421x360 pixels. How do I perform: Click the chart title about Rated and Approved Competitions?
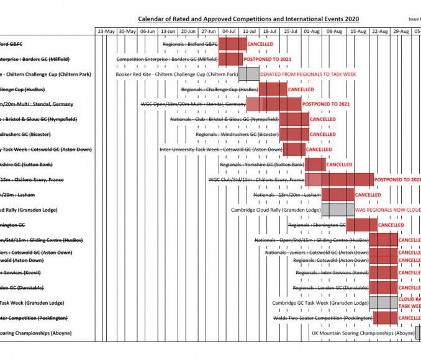click(248, 20)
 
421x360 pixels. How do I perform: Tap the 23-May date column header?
click(106, 31)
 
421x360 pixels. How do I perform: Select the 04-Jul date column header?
click(229, 31)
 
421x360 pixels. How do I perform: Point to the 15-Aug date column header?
click(358, 31)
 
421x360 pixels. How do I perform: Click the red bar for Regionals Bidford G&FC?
click(232, 44)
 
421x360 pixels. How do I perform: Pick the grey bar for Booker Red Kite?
click(248, 74)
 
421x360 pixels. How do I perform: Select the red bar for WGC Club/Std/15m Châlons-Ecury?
click(347, 179)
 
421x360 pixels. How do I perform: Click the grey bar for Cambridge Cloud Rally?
click(337, 210)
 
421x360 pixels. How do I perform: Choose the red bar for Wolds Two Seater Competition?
click(385, 318)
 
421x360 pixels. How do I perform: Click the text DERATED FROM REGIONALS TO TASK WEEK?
click(308, 74)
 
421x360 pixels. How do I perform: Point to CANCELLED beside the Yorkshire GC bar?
click(339, 165)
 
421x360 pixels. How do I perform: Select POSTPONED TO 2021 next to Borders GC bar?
click(268, 60)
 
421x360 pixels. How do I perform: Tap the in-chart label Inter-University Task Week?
click(221, 150)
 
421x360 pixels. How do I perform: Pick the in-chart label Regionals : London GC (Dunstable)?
click(330, 288)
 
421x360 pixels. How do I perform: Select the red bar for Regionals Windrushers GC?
click(294, 134)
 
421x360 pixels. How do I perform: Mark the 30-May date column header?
click(127, 31)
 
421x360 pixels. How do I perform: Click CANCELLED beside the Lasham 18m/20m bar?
click(368, 195)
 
